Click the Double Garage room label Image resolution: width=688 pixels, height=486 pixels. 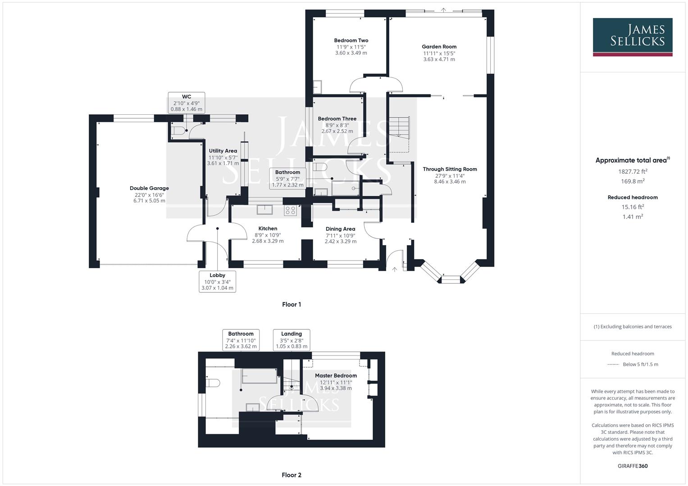[149, 188]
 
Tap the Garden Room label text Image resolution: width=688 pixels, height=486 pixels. [439, 46]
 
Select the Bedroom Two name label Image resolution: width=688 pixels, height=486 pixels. [351, 40]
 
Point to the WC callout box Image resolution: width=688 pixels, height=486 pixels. [187, 103]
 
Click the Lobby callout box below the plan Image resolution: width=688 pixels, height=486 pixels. [217, 281]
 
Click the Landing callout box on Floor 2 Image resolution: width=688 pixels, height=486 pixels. [292, 340]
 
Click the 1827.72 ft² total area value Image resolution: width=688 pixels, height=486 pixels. [633, 171]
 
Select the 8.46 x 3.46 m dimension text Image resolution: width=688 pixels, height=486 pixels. [450, 182]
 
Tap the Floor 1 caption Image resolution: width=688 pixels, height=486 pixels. [292, 304]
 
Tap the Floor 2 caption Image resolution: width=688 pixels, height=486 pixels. [292, 475]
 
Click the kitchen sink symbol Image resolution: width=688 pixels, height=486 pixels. [264, 209]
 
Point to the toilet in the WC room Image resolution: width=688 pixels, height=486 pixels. [178, 131]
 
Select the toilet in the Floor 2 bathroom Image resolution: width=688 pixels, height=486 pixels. [213, 383]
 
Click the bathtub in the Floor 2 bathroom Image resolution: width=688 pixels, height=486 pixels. [260, 376]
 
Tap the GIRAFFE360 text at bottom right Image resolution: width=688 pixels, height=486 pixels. [633, 466]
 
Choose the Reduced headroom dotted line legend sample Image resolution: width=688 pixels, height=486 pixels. [613, 364]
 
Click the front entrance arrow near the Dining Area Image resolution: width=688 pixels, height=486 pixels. [395, 269]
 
